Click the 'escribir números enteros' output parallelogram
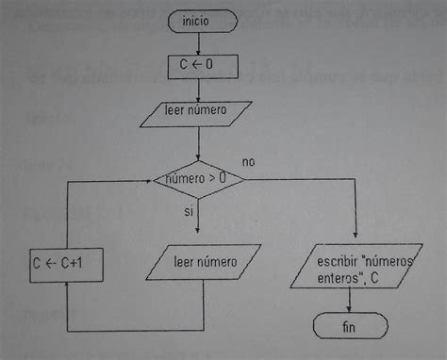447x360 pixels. (351, 267)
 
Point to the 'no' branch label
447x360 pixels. (248, 161)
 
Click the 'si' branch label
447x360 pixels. (189, 212)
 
